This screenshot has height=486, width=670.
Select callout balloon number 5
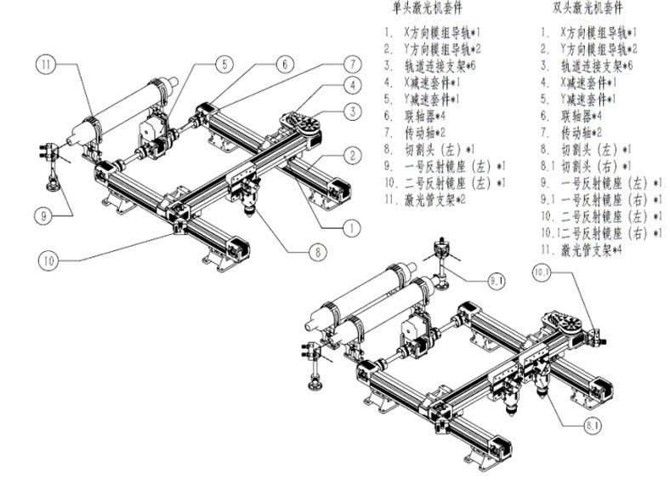(224, 64)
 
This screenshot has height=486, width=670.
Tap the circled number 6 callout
(285, 63)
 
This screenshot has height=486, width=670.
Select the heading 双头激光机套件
(587, 9)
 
